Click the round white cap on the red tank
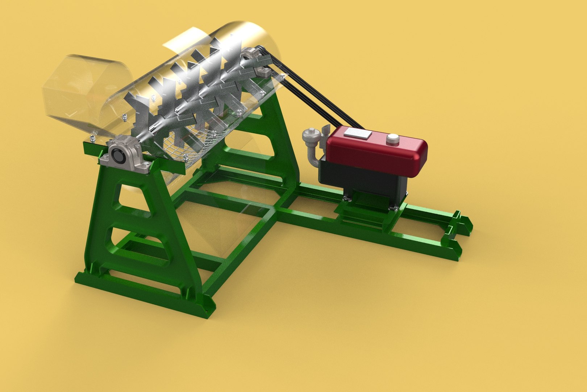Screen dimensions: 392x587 392,139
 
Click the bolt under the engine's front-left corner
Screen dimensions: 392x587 346,198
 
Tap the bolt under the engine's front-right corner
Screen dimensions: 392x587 393,208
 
